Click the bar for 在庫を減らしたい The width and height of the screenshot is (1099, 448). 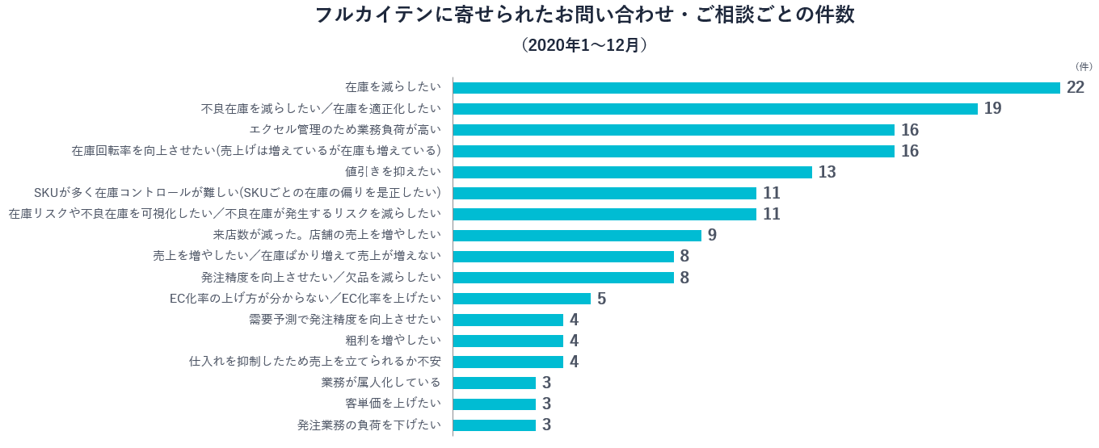(756, 88)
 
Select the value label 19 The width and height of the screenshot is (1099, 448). (992, 109)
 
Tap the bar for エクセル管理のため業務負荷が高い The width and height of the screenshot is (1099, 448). (674, 130)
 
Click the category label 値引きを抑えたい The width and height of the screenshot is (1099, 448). (393, 172)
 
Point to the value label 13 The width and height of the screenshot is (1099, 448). (827, 172)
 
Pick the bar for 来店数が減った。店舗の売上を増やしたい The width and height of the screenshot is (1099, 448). (577, 235)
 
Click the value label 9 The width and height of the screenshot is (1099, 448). (712, 235)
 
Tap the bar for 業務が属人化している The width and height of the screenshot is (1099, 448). (495, 383)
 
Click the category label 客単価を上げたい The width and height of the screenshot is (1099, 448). (393, 404)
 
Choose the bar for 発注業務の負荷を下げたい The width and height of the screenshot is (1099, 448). (495, 425)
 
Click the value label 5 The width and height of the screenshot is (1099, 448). (601, 299)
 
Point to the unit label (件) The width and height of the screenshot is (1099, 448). (1084, 66)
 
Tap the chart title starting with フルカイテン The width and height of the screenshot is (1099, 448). (584, 15)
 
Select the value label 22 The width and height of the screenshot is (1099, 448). (1075, 88)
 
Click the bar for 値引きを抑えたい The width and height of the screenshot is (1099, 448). (633, 172)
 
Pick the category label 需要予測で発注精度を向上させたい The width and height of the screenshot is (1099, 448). (345, 320)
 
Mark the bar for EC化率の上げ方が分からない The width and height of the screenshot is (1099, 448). (522, 299)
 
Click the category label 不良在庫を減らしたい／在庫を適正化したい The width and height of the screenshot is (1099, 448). (321, 109)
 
